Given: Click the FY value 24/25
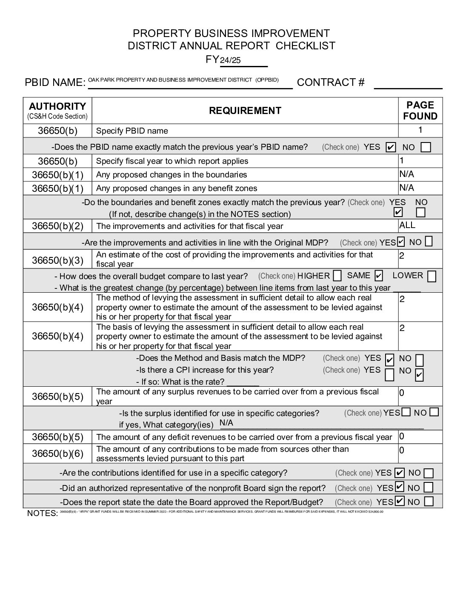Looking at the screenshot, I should click(x=230, y=60).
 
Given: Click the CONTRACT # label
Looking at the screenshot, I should click(x=331, y=82).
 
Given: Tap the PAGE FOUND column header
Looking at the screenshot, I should click(x=420, y=111).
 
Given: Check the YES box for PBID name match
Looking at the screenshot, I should click(x=390, y=148).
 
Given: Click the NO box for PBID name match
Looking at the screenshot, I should click(x=425, y=148).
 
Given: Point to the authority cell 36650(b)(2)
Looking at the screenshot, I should click(x=57, y=226).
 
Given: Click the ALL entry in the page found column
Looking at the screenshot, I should click(x=407, y=225).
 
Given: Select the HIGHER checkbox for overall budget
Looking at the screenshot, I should click(x=337, y=276).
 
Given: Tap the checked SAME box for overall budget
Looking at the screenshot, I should click(x=379, y=276).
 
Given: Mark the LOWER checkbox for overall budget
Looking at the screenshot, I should click(x=432, y=277).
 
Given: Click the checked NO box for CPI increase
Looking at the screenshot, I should click(x=419, y=375).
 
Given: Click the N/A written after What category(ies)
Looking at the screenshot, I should click(x=226, y=423).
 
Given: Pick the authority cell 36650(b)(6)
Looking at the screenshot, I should click(x=57, y=454).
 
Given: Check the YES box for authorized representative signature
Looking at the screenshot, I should click(x=400, y=487).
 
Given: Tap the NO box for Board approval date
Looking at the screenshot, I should click(x=429, y=501).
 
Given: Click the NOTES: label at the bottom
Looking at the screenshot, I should click(x=42, y=513).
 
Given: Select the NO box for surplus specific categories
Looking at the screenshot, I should click(x=434, y=412).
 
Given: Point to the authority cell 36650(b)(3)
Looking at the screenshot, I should click(x=57, y=260).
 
